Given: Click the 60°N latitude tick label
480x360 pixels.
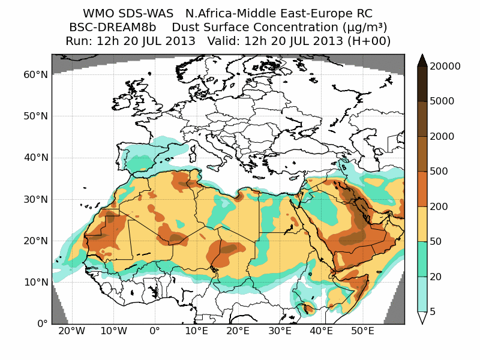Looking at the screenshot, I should pos(35,74).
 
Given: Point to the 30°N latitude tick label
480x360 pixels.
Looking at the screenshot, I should pos(35,199).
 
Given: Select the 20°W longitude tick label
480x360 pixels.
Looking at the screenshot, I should pos(71,331).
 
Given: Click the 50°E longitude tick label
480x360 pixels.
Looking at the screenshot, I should pos(363,331).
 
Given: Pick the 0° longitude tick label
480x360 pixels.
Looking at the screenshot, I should pos(154,331).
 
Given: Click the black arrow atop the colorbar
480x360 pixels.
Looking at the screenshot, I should pos(422,60).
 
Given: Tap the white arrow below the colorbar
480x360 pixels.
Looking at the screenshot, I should pos(422,318).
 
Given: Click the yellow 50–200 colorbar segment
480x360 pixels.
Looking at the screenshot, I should pos(422,224).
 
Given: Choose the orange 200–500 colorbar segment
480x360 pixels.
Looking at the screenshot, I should pos(422,189).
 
